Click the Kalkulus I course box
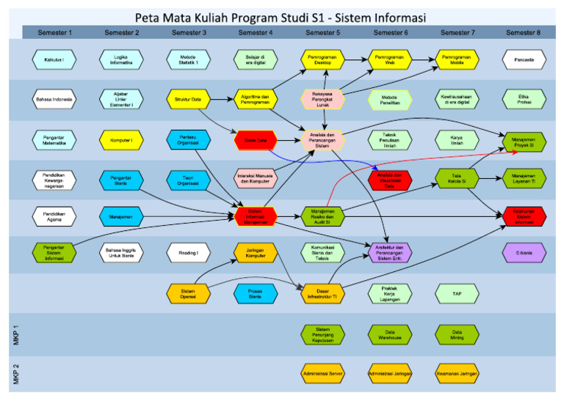[x=54, y=60]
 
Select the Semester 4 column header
[x=256, y=32]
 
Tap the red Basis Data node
[x=256, y=139]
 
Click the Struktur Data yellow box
[x=188, y=100]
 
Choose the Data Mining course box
[x=457, y=334]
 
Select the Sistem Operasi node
[x=188, y=294]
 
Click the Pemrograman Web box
[x=389, y=60]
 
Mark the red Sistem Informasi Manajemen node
[x=256, y=216]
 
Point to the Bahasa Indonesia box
[x=54, y=100]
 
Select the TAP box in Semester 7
[x=457, y=294]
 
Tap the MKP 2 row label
[x=16, y=373]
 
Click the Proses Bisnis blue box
[x=256, y=294]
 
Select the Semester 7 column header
[x=457, y=32]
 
